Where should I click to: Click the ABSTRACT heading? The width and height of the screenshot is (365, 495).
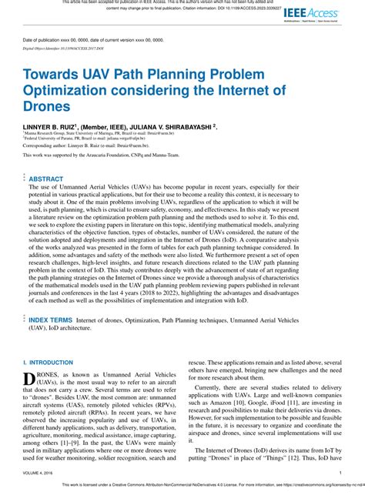[46, 178]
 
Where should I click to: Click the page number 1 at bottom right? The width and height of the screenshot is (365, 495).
[340, 474]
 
